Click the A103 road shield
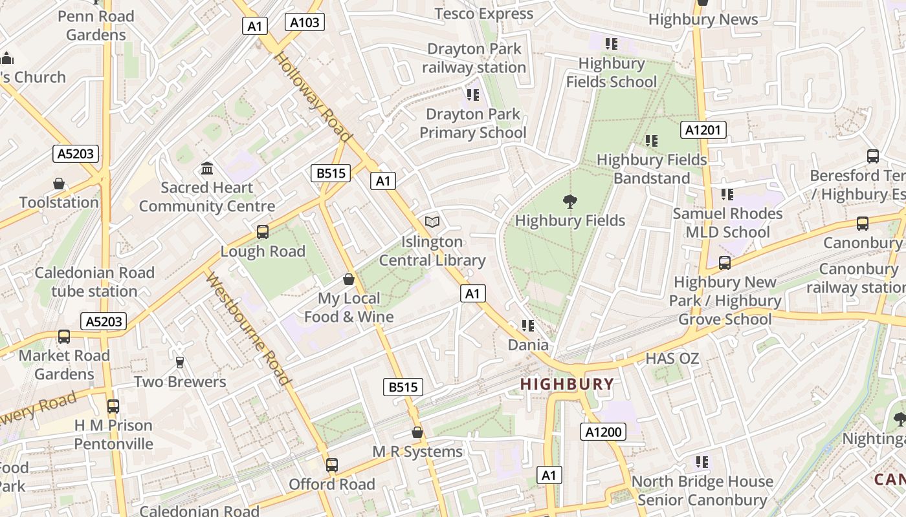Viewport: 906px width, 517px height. [x=304, y=23]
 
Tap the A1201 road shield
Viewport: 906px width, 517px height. [x=703, y=130]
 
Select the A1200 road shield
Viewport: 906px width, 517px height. [x=603, y=432]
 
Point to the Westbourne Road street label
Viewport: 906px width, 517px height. [x=247, y=329]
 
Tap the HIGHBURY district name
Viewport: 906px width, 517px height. [x=568, y=384]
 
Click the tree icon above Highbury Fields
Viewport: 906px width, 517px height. [x=570, y=202]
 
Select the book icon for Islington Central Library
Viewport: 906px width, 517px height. [x=432, y=222]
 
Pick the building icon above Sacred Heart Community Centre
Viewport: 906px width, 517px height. [x=207, y=169]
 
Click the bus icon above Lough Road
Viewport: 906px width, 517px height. [x=263, y=232]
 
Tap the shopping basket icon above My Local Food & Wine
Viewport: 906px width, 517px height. [x=349, y=279]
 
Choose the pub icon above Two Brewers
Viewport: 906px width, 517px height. [x=180, y=363]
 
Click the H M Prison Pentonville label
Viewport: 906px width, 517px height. [x=113, y=434]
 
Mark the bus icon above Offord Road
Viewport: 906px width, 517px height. [x=332, y=465]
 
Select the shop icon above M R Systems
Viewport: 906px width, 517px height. [x=417, y=432]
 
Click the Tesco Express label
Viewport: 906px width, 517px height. [x=483, y=14]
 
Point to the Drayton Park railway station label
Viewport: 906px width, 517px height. [x=474, y=58]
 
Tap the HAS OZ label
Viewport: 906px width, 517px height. [x=672, y=358]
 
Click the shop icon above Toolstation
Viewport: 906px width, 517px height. [x=59, y=184]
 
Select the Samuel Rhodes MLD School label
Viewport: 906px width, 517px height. [x=727, y=222]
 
